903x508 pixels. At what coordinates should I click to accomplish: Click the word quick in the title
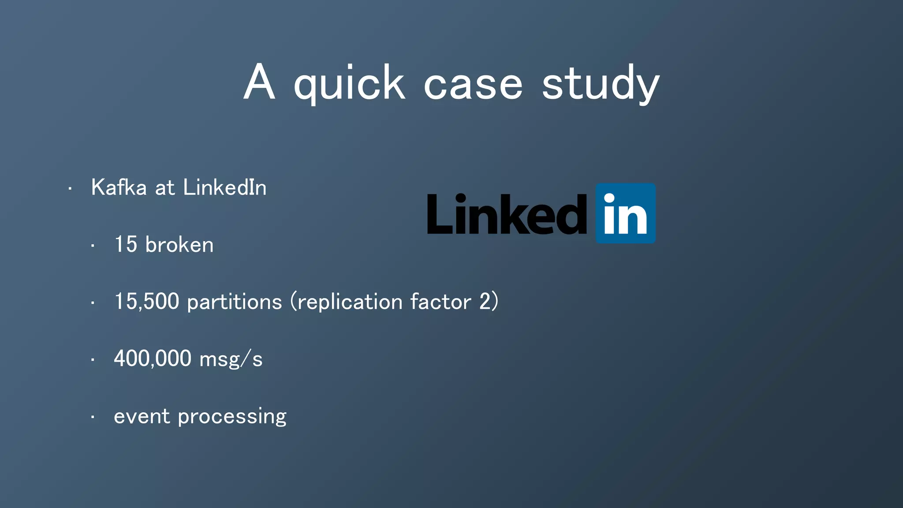click(349, 84)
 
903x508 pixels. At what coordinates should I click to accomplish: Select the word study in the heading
click(601, 84)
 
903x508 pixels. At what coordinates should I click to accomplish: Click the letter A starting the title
click(259, 82)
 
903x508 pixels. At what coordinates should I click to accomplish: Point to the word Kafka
click(119, 187)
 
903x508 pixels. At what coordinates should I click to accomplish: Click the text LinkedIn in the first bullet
click(224, 187)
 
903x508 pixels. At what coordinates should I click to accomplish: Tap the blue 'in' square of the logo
click(625, 213)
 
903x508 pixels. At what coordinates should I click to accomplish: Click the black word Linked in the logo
click(507, 214)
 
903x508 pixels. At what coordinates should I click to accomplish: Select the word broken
click(179, 245)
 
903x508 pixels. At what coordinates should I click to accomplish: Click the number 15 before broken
click(126, 245)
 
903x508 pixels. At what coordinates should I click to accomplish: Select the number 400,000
click(153, 359)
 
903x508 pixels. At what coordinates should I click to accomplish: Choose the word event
click(142, 416)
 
